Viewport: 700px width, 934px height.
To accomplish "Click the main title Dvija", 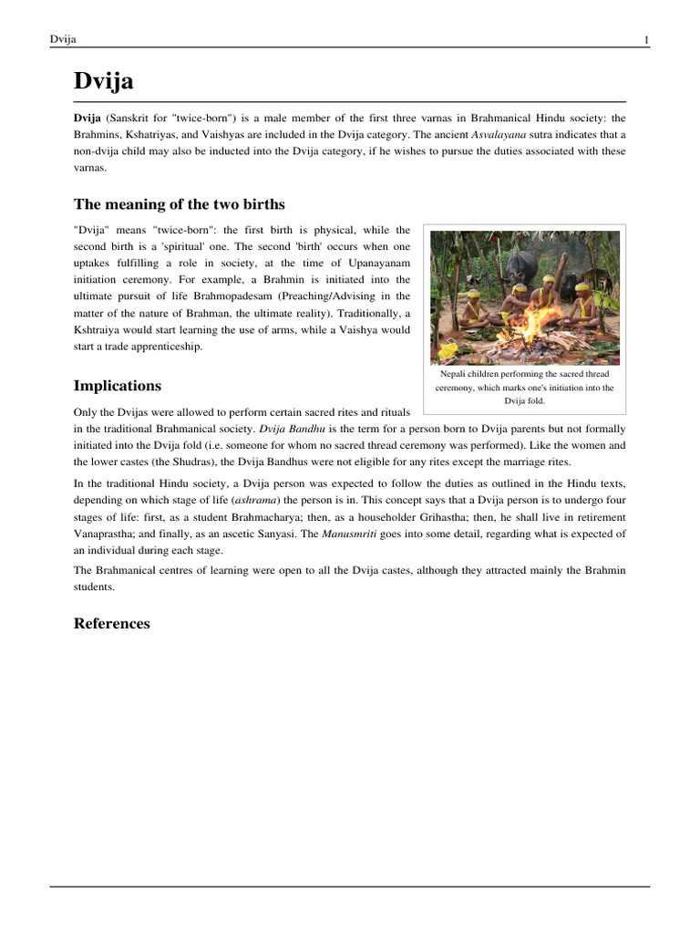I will pyautogui.click(x=103, y=81).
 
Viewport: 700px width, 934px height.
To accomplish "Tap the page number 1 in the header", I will pyautogui.click(x=646, y=39).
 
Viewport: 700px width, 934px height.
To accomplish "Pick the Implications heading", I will pyautogui.click(x=118, y=386).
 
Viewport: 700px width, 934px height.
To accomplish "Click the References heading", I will pyautogui.click(x=111, y=624).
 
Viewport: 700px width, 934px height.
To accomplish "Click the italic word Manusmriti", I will pyautogui.click(x=351, y=534).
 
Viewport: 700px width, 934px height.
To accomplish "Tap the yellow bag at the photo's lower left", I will pyautogui.click(x=449, y=348).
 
